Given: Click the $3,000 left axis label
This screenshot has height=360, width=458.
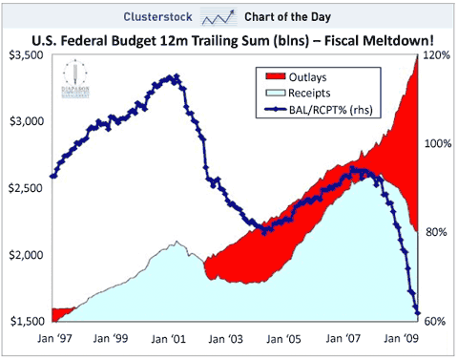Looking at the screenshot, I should coord(26,122).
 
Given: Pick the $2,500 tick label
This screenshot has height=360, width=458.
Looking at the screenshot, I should coord(26,189).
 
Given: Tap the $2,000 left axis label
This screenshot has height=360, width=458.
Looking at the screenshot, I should coord(26,255).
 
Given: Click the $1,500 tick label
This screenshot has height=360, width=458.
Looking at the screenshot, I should coord(26,321).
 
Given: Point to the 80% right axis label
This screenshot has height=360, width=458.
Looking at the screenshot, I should coord(437,232).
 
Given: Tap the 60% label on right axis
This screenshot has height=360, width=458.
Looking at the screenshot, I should coord(437,321).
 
